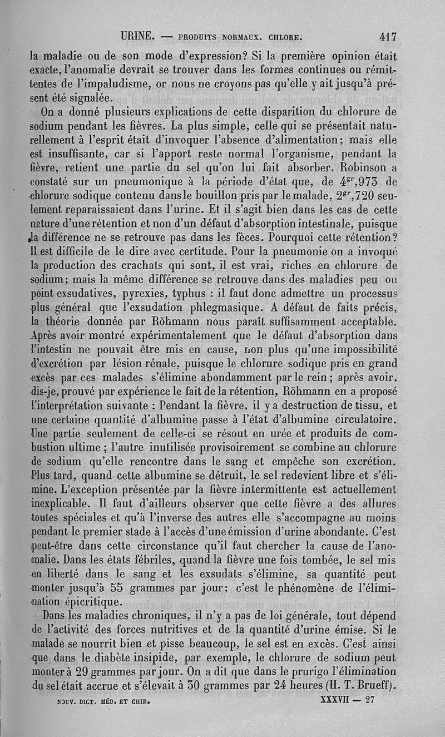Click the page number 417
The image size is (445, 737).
388,37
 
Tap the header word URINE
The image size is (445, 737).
138,37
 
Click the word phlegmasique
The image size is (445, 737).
209,307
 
